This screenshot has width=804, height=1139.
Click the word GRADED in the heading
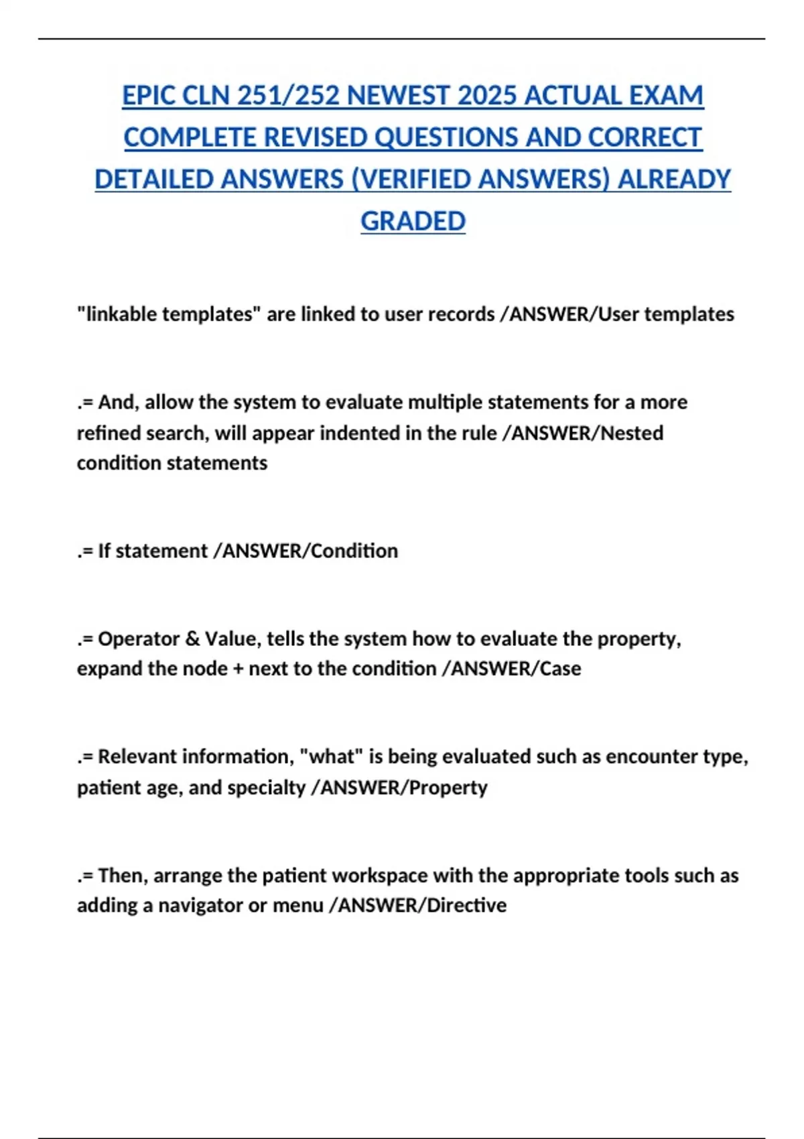[x=413, y=221]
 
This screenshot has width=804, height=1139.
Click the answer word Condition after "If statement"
[x=354, y=551]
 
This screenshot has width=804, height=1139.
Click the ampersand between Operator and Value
[x=192, y=639]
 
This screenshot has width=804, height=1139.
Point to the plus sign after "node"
[x=238, y=669]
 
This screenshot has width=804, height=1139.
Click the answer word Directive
[x=466, y=905]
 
